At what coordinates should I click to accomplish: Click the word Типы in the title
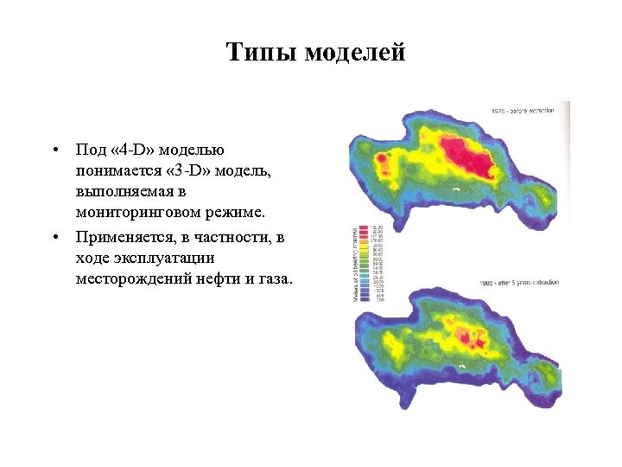(260, 53)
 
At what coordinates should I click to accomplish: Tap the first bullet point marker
(54, 149)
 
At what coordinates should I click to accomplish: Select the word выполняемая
(120, 191)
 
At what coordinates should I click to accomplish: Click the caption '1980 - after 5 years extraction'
(519, 284)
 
